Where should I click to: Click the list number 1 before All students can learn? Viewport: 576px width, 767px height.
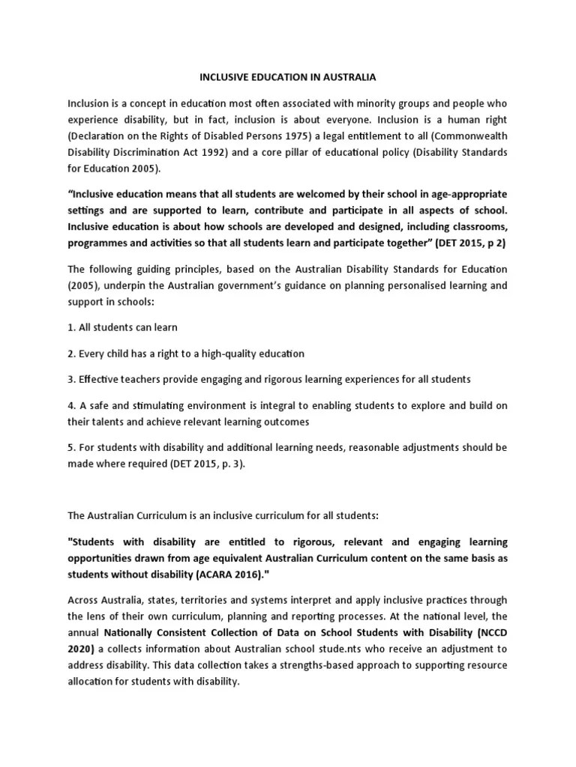[x=71, y=327]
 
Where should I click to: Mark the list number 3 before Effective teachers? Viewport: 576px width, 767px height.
[x=71, y=379]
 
